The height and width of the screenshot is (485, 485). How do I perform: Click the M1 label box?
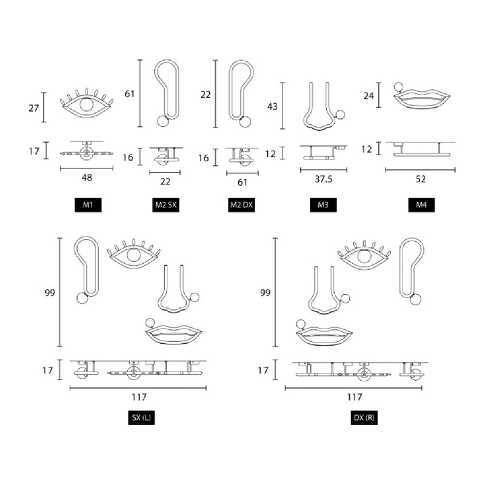88,205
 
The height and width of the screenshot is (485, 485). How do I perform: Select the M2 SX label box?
166,205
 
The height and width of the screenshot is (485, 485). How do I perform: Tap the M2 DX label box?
241,205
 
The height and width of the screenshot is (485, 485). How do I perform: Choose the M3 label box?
323,205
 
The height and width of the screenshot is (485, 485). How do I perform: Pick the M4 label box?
421,205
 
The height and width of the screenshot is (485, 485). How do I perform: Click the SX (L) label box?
141,418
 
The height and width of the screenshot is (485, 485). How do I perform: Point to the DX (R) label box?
364,418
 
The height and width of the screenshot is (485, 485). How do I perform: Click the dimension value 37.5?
324,179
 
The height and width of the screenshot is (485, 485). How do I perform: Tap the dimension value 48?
87,178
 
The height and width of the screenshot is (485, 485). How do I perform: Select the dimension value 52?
421,179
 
